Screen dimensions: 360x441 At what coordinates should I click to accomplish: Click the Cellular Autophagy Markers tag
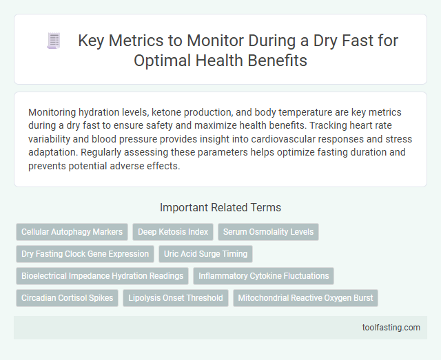pos(71,232)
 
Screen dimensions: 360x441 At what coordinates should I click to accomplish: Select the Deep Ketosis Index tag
pos(173,232)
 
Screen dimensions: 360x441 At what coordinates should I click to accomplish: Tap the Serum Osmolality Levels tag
pos(268,232)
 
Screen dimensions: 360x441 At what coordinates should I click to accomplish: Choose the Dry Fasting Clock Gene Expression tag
pos(85,254)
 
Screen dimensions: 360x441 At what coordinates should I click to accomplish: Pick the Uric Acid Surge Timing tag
pos(205,254)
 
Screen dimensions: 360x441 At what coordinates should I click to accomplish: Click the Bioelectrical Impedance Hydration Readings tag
pos(102,276)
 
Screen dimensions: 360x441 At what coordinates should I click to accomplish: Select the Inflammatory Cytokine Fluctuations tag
pos(263,276)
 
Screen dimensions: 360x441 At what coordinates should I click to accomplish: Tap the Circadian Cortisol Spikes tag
pos(67,298)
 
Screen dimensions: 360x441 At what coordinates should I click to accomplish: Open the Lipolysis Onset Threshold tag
pos(176,298)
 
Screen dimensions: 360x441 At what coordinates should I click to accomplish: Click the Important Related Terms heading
pos(220,207)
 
